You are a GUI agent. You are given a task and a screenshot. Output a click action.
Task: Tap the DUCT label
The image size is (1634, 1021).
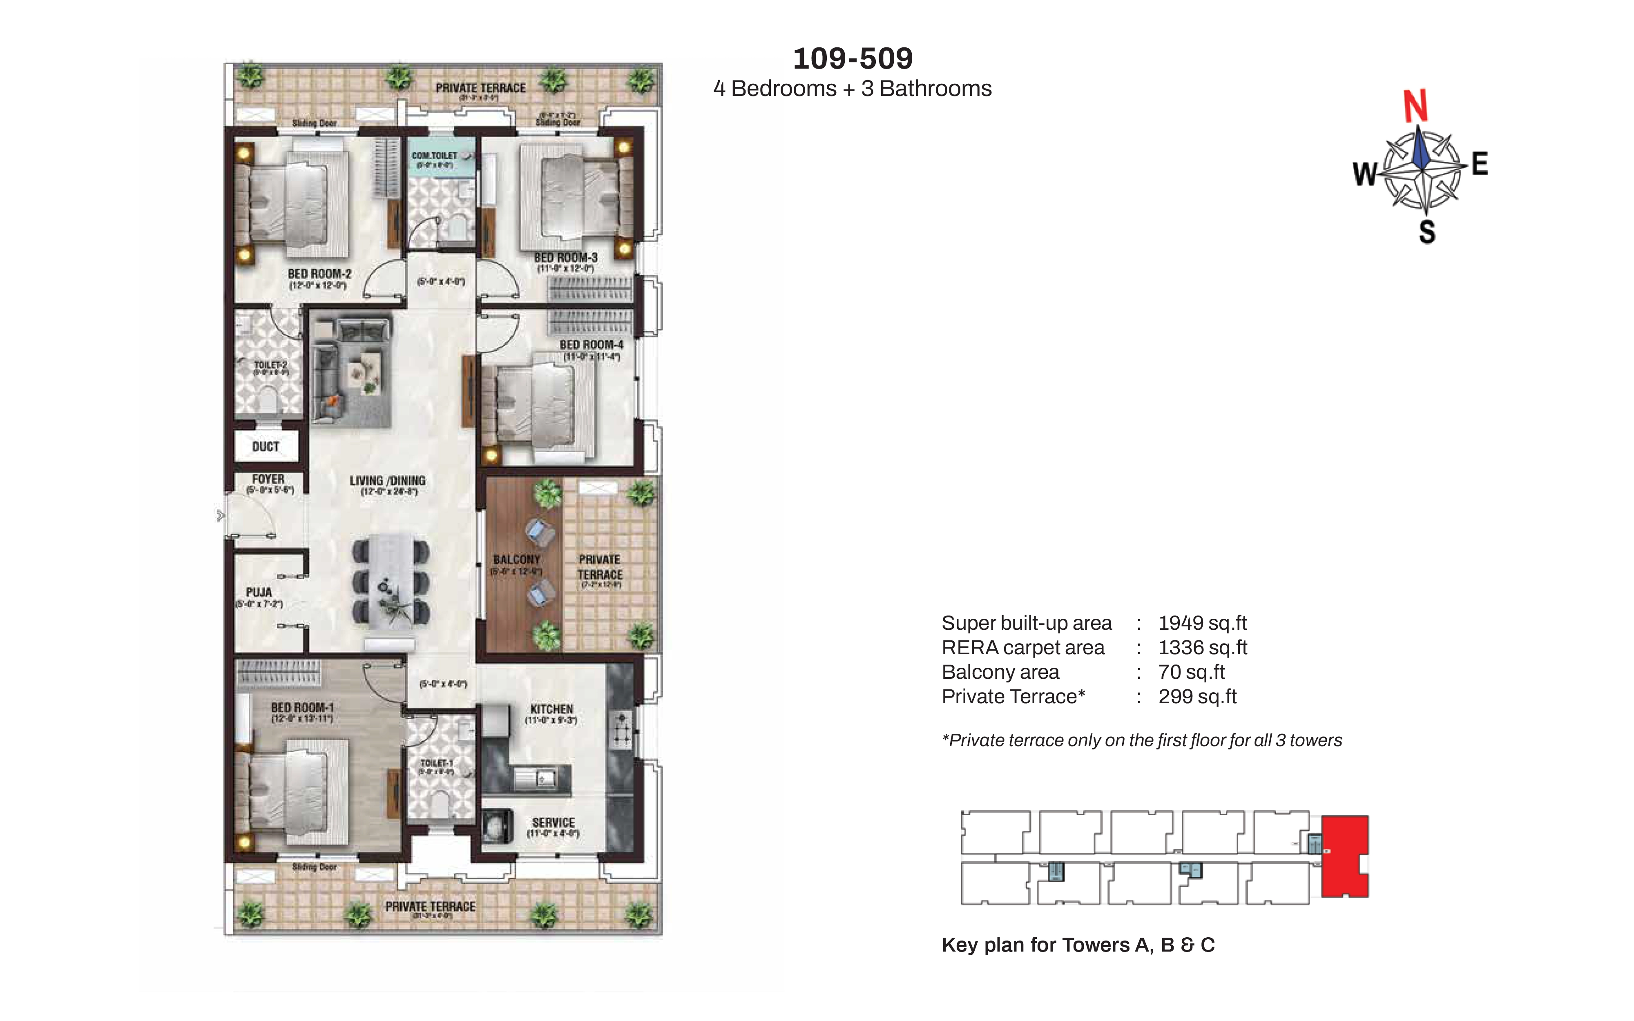click(266, 446)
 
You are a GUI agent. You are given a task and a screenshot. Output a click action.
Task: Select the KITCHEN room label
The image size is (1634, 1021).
click(551, 709)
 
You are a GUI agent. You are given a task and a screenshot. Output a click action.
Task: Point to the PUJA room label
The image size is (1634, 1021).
click(259, 592)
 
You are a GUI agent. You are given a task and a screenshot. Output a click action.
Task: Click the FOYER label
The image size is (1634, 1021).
click(268, 479)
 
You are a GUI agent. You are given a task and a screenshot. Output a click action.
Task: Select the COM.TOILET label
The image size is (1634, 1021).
click(434, 156)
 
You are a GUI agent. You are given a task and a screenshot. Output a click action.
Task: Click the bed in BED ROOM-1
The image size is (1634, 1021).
click(297, 790)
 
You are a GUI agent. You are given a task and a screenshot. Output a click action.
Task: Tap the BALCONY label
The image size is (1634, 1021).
click(516, 560)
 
